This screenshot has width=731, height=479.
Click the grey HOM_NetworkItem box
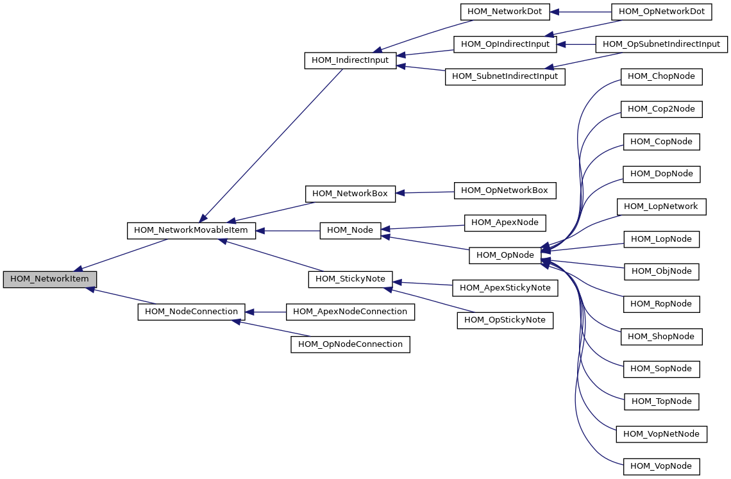[49, 280]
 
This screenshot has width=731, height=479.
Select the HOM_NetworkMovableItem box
[191, 231]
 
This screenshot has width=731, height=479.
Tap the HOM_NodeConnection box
[191, 312]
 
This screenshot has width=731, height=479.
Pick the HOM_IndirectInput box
[350, 61]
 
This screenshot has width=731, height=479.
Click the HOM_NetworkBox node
[350, 194]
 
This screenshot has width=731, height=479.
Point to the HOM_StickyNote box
[350, 280]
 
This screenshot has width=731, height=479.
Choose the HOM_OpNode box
[505, 255]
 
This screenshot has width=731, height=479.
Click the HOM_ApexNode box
[505, 223]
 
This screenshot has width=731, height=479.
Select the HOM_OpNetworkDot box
[661, 12]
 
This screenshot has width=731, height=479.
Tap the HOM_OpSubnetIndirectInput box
[661, 44]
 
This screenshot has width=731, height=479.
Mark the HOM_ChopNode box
[661, 76]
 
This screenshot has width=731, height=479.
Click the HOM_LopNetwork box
[661, 206]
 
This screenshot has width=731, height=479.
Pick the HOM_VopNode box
[661, 466]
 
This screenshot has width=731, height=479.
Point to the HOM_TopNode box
[661, 401]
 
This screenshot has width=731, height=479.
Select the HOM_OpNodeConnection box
[350, 345]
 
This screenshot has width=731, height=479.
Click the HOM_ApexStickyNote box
[505, 289]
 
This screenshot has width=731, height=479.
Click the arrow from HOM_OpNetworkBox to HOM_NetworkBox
[424, 192]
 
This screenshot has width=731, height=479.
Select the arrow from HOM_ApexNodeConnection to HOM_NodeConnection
[265, 312]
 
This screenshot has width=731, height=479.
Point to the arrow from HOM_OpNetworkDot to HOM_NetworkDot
[581, 12]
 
